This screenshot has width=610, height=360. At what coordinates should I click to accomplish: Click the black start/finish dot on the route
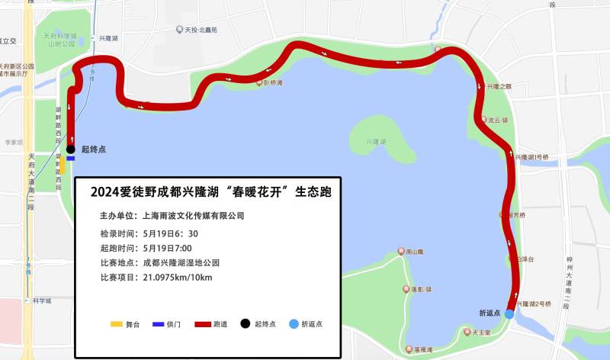coord(70,149)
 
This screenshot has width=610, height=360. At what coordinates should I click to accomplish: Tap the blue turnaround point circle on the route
coord(509,313)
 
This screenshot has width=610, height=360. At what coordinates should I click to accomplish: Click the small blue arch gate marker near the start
coord(70,159)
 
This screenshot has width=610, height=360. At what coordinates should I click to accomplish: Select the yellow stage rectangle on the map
coord(63,166)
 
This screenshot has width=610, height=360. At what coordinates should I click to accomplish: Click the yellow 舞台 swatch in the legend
coord(116,324)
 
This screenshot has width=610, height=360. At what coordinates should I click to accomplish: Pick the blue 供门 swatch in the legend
coord(159,324)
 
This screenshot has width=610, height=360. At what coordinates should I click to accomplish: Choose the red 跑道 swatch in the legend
coord(201,324)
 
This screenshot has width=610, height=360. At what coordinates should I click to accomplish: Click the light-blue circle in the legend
coord(294,324)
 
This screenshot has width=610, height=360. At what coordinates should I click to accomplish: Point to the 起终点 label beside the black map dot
coord(93,149)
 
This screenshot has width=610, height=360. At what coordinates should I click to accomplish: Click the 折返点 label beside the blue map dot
coord(490,313)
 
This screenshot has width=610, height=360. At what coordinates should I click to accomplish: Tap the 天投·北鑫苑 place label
coord(201,31)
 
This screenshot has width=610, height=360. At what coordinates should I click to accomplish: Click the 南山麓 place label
coord(414,252)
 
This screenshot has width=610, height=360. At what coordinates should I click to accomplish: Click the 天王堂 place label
coord(485,333)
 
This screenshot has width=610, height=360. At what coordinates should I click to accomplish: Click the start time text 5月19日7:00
coord(167,248)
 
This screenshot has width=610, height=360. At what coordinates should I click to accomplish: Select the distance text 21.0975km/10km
coord(178,277)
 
